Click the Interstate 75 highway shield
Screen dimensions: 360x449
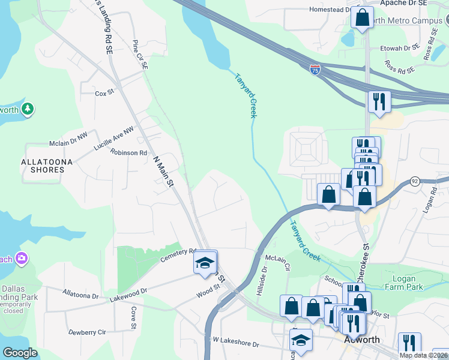[x=315, y=70]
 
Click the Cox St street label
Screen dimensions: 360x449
[x=104, y=94]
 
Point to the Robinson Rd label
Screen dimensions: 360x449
[x=128, y=153]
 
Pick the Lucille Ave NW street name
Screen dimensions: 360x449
[x=113, y=139]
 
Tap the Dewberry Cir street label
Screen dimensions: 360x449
[x=87, y=332]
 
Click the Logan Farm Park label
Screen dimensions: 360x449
[x=408, y=283]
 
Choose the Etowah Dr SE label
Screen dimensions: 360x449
[x=399, y=48]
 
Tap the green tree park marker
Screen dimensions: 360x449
[x=27, y=109]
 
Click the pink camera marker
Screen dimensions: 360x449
[x=22, y=259]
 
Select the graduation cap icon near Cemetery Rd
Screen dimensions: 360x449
[x=204, y=263]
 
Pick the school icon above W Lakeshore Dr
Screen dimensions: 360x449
[x=301, y=340]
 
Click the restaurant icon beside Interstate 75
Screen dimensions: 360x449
[x=379, y=100]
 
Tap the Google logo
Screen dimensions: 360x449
[x=20, y=353]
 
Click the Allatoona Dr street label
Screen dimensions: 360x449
[x=80, y=295]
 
